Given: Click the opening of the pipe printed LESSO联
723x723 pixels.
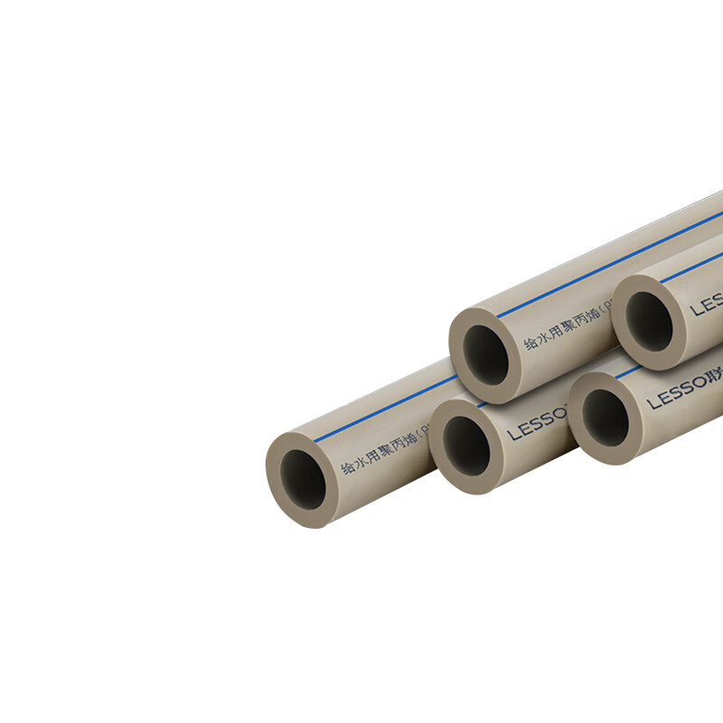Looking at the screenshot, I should point(605,417).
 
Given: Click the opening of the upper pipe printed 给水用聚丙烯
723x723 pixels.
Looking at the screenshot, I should point(486,352).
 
